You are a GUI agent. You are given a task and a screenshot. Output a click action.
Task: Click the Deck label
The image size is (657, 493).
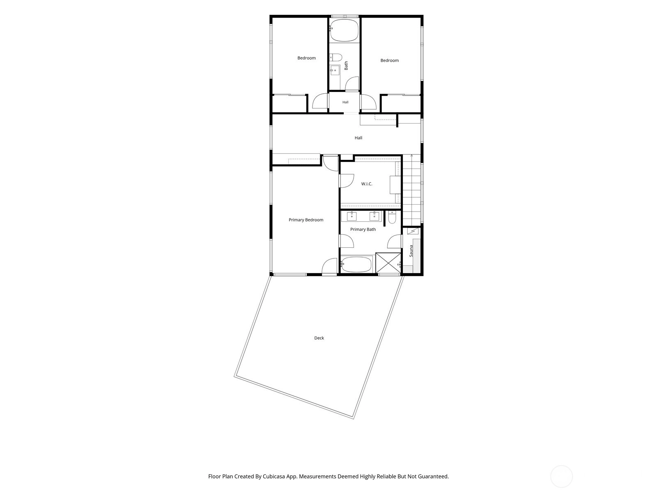(x=319, y=338)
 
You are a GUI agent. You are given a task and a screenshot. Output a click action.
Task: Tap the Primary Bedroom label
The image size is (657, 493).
(x=306, y=220)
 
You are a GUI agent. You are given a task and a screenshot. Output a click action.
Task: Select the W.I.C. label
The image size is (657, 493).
(x=367, y=184)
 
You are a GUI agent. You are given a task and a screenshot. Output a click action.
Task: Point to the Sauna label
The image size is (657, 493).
(x=411, y=251)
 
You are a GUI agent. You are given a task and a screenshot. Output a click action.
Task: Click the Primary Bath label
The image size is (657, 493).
(x=363, y=229)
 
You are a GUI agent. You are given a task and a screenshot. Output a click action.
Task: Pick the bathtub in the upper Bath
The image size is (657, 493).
(x=345, y=30)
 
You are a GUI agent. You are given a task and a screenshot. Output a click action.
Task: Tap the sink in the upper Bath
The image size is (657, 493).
(x=335, y=71)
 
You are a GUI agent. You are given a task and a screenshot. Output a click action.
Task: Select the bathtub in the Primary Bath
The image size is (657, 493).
(x=356, y=264)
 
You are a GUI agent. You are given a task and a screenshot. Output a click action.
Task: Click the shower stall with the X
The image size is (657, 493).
(x=388, y=263)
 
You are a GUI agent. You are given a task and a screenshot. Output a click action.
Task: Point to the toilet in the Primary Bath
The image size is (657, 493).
(x=392, y=218)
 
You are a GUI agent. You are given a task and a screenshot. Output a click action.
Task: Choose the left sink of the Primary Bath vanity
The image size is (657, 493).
(x=351, y=216)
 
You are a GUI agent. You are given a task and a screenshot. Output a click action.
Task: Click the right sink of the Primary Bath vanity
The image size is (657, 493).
(x=374, y=216)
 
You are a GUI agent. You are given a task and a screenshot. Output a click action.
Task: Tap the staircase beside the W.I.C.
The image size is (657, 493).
(x=411, y=190)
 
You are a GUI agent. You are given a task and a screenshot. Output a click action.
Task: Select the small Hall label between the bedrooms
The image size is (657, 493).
(x=345, y=102)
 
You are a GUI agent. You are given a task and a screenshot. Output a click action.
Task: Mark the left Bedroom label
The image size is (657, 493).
(x=306, y=58)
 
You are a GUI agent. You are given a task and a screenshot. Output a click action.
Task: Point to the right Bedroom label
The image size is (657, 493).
(x=389, y=60)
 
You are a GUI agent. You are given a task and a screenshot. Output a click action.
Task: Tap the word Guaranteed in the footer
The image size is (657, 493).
(x=433, y=476)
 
